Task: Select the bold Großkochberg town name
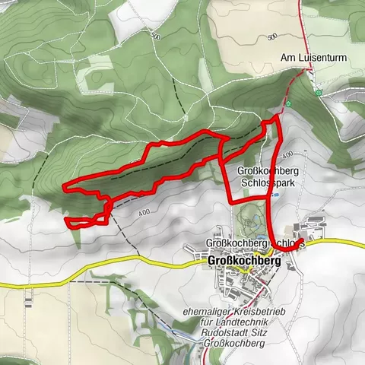[x=243, y=260]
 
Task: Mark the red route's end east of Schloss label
[x=303, y=243]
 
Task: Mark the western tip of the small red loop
[x=67, y=221]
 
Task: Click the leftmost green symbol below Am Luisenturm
[x=289, y=103]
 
